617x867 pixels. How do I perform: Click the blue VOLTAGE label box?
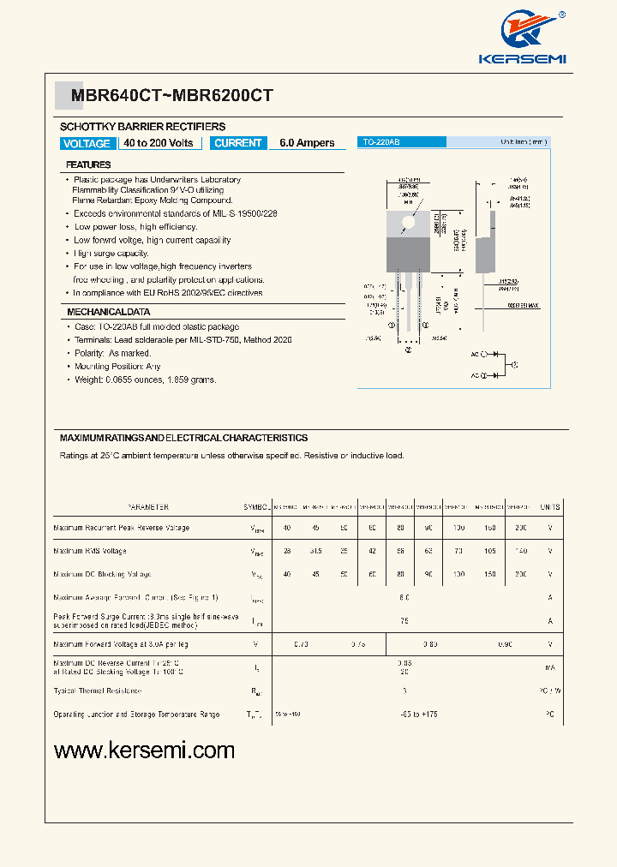(x=87, y=144)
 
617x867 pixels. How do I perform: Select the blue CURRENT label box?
(x=237, y=143)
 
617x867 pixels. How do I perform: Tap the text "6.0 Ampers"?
(x=307, y=143)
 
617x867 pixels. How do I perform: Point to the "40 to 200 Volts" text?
(x=159, y=143)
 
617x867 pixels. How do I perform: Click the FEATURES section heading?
(x=88, y=164)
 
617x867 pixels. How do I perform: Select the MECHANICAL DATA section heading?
(x=109, y=312)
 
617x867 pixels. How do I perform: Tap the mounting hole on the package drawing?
(x=408, y=222)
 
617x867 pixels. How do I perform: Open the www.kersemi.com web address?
(x=144, y=750)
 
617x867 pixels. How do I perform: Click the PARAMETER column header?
(x=147, y=507)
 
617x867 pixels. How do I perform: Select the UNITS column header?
(x=550, y=507)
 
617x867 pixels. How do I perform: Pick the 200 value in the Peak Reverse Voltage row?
(x=522, y=528)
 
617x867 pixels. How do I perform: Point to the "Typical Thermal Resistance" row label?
(x=97, y=691)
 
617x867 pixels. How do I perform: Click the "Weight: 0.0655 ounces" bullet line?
(x=145, y=380)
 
